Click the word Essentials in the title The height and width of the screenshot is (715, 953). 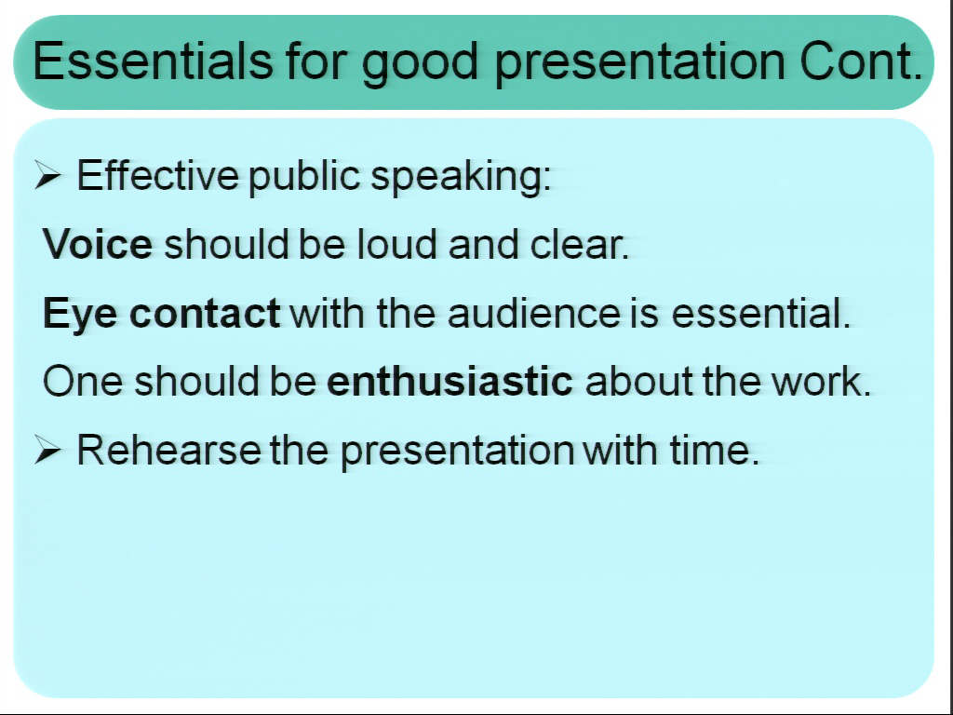152,61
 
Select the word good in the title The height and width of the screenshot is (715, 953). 420,65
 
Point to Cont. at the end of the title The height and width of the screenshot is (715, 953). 861,61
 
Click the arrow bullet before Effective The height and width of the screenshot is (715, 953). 47,175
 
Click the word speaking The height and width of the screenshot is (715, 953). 460,178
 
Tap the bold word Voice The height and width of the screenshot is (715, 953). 98,244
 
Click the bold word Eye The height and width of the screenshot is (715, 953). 80,315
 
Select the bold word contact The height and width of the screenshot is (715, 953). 205,313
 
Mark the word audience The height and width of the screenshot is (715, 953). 534,313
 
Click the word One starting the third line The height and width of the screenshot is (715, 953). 82,381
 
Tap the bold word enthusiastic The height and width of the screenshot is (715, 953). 450,381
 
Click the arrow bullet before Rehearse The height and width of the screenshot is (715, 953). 47,450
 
